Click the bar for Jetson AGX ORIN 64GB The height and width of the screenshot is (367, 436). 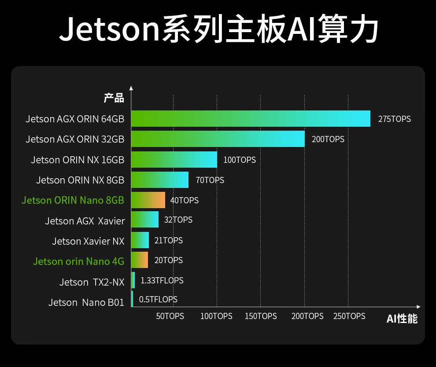(250, 118)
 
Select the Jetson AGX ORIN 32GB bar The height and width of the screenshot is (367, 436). (218, 139)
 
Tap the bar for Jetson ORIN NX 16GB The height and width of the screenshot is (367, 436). (174, 160)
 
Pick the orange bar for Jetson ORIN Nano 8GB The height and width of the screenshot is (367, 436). (148, 200)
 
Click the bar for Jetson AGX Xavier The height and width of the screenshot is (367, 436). (145, 220)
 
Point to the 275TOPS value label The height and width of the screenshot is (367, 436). (394, 119)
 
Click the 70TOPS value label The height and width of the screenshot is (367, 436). (210, 180)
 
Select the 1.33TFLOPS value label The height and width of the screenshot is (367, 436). (162, 280)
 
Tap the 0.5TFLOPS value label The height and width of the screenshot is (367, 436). (158, 300)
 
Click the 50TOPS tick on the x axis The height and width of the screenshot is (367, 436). (170, 316)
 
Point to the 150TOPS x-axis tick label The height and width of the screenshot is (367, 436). (261, 316)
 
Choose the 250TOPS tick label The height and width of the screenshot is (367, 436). (349, 316)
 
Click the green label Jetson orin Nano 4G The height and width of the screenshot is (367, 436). (78, 261)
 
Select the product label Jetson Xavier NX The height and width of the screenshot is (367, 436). (88, 241)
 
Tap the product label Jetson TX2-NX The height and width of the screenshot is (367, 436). (92, 282)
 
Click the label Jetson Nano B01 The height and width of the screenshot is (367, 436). (86, 303)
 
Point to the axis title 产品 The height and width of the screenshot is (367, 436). (114, 98)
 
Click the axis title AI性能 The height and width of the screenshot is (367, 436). (402, 319)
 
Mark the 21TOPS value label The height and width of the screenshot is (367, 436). (168, 240)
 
